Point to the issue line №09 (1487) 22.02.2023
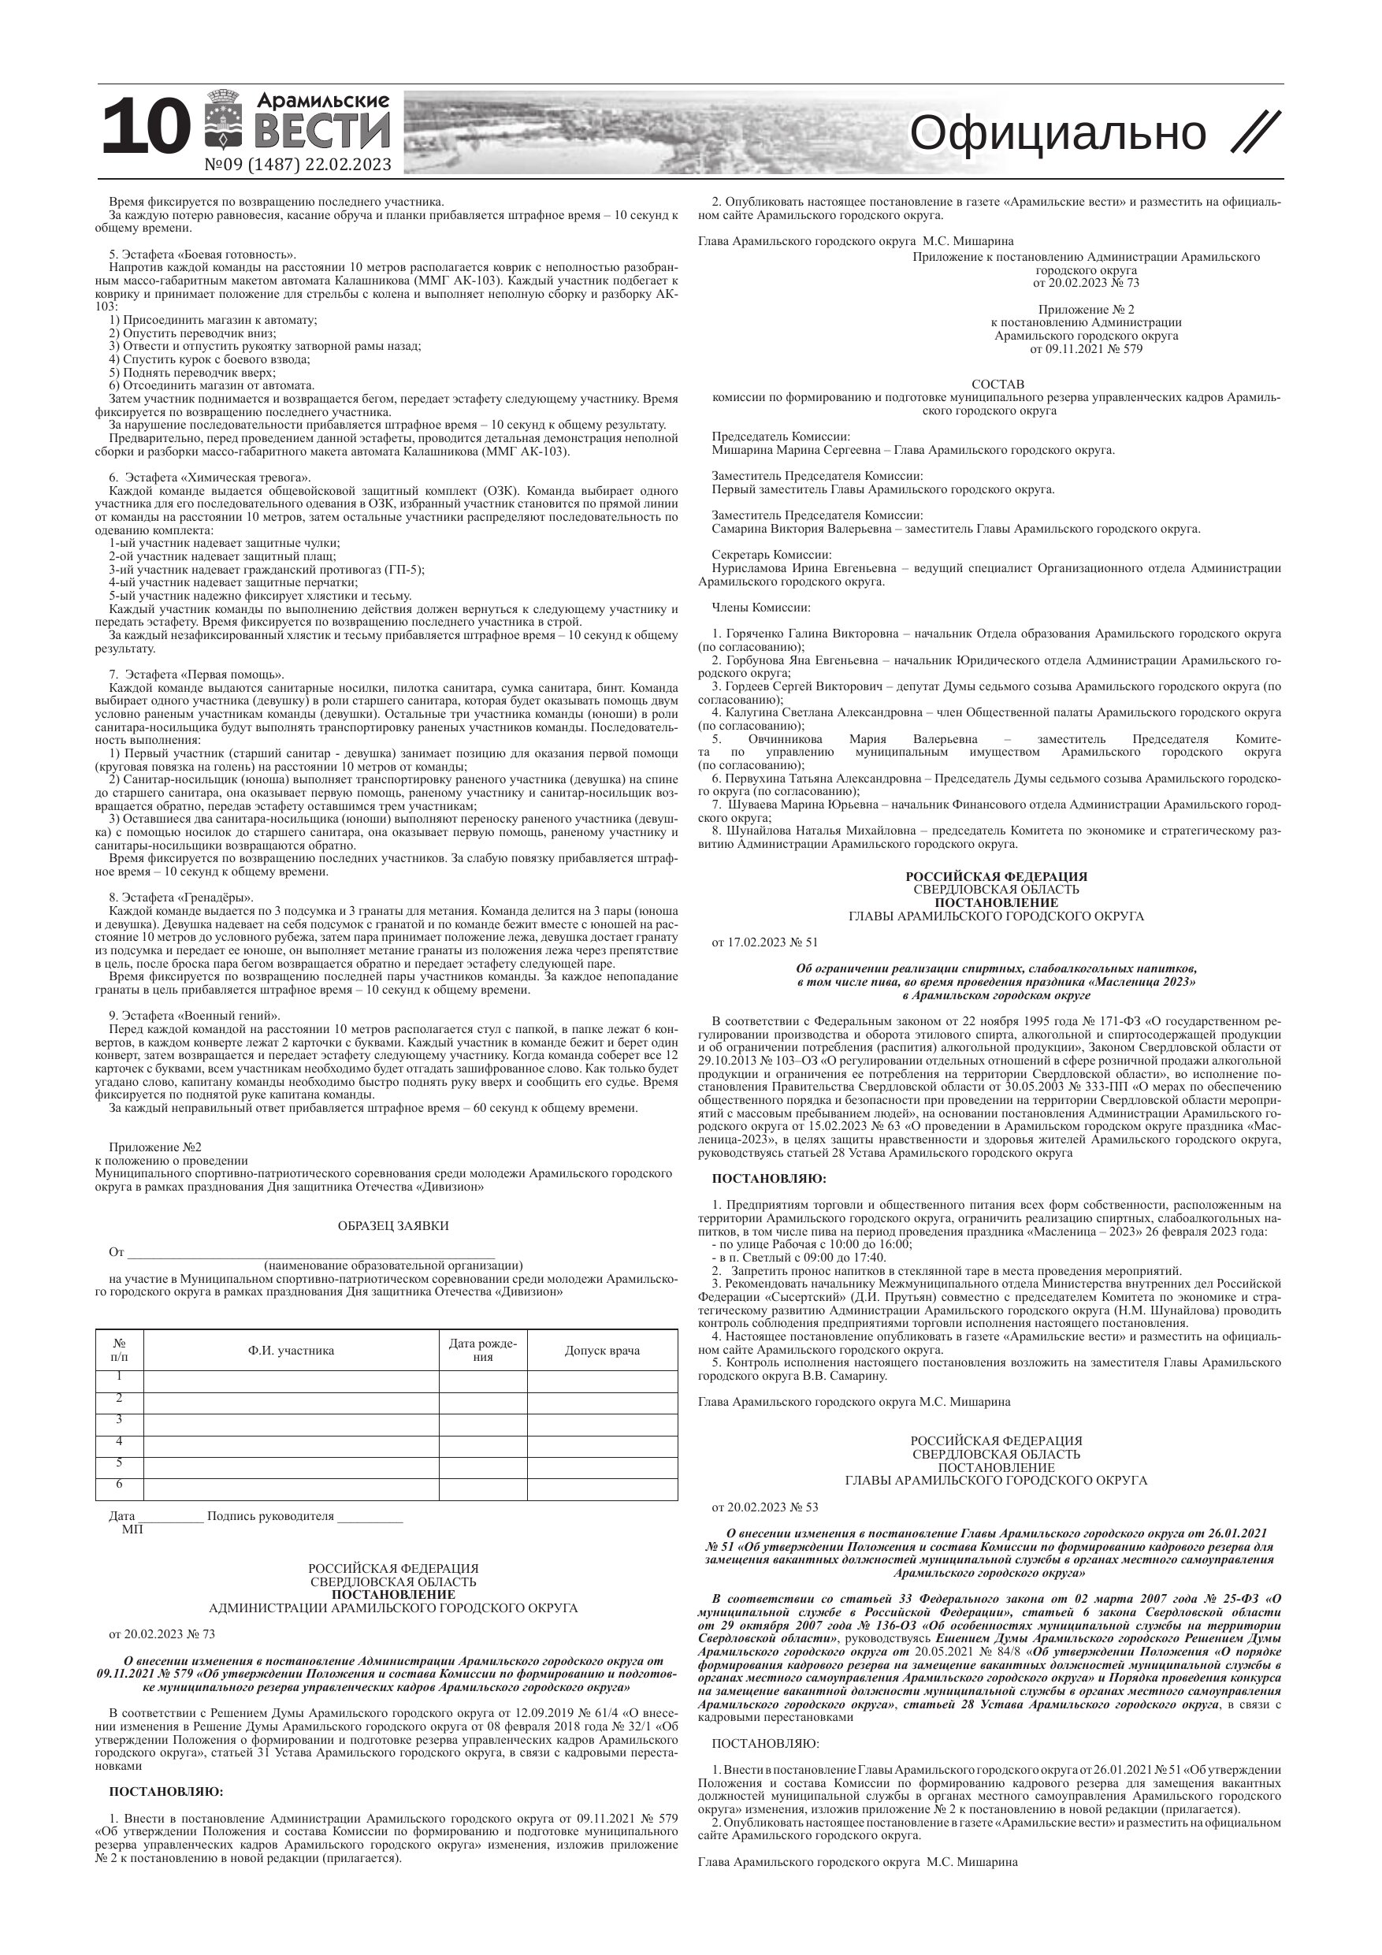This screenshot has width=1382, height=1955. pyautogui.click(x=298, y=165)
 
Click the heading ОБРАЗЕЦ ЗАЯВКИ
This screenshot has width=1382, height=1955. pyautogui.click(x=392, y=1226)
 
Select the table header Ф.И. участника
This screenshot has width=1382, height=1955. pyautogui.click(x=292, y=1351)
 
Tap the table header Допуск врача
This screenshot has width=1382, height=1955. pyautogui.click(x=602, y=1351)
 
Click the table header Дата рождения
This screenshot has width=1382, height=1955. pyautogui.click(x=483, y=1350)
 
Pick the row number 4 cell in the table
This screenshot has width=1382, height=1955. pyautogui.click(x=119, y=1440)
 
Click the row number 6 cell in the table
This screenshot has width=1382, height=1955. pyautogui.click(x=119, y=1484)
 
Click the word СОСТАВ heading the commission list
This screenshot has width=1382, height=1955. pyautogui.click(x=998, y=384)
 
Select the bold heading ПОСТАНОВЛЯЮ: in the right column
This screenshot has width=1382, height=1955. pyautogui.click(x=769, y=1179)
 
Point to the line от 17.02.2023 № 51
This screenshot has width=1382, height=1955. pyautogui.click(x=764, y=942)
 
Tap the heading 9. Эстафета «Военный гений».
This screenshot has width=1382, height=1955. pyautogui.click(x=194, y=1016)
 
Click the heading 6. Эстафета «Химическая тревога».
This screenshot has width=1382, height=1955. pyautogui.click(x=210, y=477)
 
